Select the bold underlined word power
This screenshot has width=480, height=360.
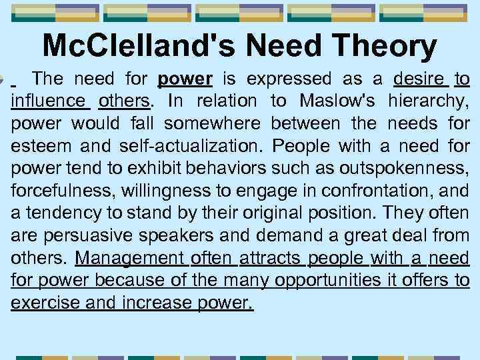(185, 79)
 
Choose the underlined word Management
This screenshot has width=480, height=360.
(130, 259)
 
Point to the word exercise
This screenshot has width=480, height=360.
(41, 304)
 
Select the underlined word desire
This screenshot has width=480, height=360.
(420, 79)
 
